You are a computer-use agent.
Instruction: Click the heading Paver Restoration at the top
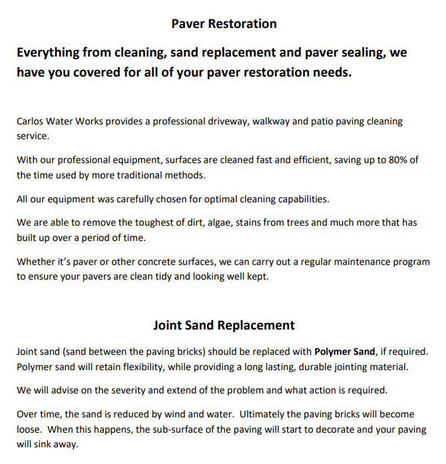[x=224, y=24]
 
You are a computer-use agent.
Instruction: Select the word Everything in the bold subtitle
[x=48, y=52]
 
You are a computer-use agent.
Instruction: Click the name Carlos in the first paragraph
[x=31, y=122]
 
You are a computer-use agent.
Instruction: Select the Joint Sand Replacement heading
[x=224, y=326]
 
